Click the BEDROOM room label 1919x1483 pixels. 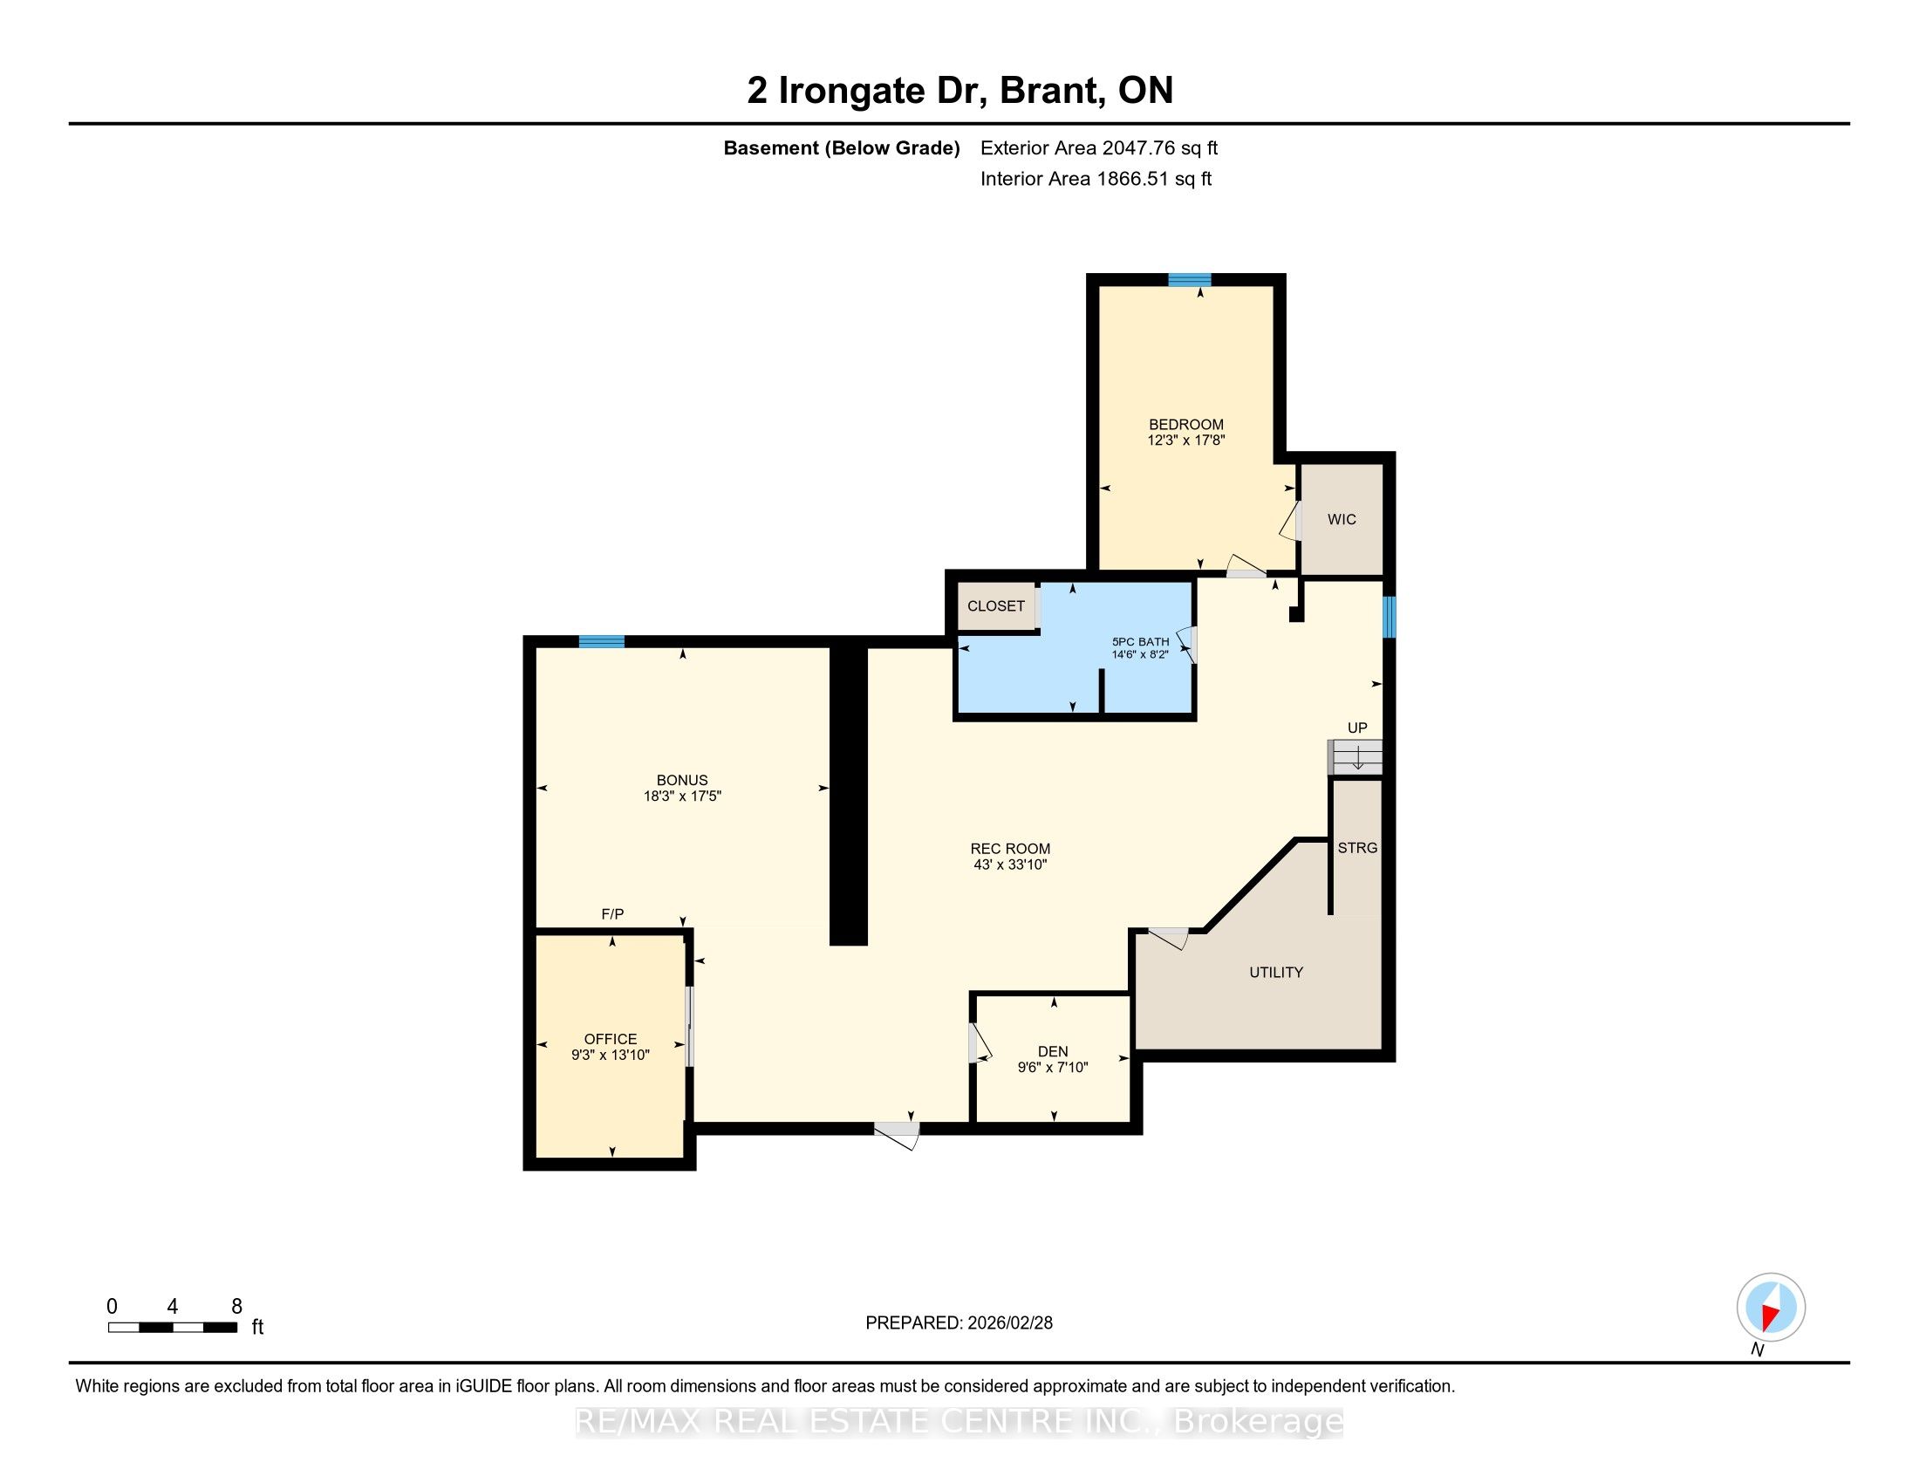coord(1185,424)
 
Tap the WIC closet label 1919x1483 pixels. coord(1341,519)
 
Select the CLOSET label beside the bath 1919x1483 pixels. coord(995,606)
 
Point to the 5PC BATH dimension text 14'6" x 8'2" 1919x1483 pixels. coord(1140,654)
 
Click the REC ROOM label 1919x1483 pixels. coord(1009,849)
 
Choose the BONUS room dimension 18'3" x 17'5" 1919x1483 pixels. coord(682,796)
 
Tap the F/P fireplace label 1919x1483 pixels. coord(612,914)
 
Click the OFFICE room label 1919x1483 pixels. coord(611,1039)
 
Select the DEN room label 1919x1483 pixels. coord(1053,1052)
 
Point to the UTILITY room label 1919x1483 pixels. coord(1276,973)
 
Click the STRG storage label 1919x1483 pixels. coord(1356,848)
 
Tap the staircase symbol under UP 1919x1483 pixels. coord(1355,757)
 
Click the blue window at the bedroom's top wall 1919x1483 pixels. coord(1190,280)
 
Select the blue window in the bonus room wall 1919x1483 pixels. coord(602,641)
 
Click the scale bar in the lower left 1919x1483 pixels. coord(172,1328)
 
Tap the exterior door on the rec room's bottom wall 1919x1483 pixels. coord(897,1134)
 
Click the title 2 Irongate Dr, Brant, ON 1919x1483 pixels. coord(959,91)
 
